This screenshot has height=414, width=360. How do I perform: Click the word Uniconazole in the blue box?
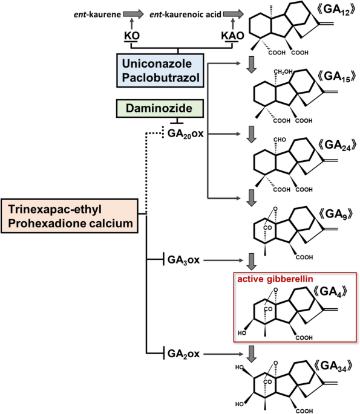(157, 63)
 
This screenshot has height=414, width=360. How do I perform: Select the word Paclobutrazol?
(161, 77)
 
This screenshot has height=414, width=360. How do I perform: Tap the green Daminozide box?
(160, 108)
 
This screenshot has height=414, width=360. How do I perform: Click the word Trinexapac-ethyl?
(54, 209)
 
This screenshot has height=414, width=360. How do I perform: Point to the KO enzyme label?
(132, 36)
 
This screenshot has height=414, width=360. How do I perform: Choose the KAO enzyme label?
(232, 36)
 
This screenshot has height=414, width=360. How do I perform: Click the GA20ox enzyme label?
(186, 134)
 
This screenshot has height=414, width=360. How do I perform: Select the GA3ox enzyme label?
(183, 260)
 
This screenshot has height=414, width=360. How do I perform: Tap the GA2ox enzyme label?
(183, 354)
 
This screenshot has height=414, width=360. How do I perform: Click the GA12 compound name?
(336, 10)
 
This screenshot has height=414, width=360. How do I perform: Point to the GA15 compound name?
(336, 77)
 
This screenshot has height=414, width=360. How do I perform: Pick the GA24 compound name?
(337, 146)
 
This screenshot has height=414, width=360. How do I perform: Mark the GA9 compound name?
(336, 214)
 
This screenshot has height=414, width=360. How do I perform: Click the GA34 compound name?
(333, 366)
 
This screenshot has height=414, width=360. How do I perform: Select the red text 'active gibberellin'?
(275, 279)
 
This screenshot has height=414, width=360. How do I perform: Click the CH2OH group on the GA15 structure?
(283, 71)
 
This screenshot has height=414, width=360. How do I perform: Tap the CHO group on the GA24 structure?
(280, 140)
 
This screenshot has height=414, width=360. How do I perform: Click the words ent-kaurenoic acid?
(185, 15)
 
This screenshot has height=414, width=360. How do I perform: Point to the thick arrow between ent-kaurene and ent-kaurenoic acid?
(134, 14)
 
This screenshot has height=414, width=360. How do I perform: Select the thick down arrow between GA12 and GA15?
(251, 65)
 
